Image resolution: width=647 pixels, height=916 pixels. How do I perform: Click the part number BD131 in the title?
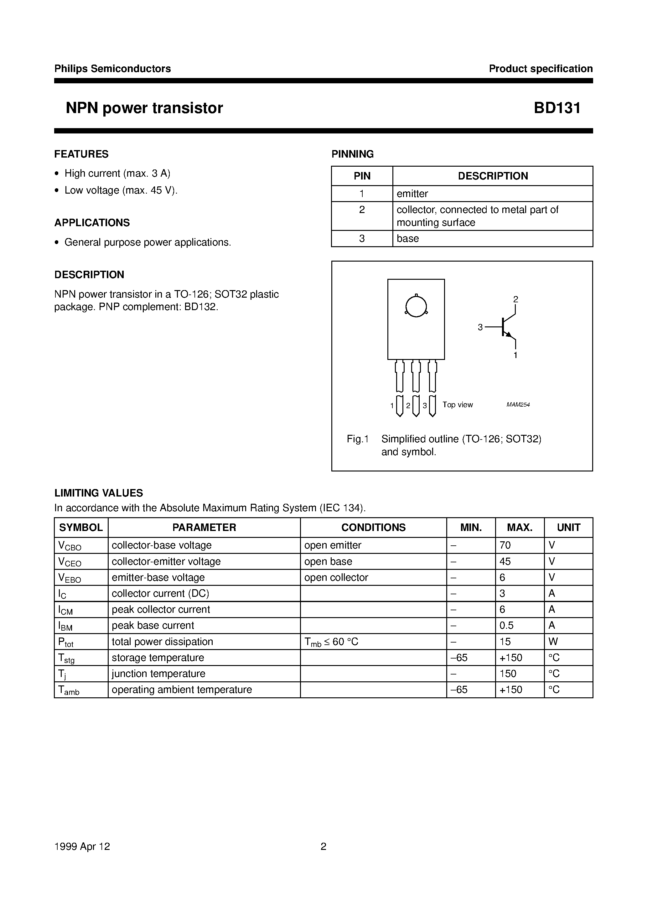pos(557,108)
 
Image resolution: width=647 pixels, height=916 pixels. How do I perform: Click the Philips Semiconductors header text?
pos(112,69)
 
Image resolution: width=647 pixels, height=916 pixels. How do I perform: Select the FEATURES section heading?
pos(81,154)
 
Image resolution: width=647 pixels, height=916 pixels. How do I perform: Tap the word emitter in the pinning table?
pos(412,194)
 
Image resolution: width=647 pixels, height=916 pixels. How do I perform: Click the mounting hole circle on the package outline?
pos(416,306)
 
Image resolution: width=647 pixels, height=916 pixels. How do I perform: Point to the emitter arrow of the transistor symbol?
pos(508,334)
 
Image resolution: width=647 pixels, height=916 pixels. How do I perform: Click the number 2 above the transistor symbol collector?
pos(515,299)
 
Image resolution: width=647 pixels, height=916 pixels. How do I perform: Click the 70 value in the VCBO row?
pos(505,545)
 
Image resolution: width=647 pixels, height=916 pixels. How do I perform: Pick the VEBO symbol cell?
pos(70,578)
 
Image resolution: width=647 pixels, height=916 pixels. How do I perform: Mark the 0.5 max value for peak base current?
pos(507,626)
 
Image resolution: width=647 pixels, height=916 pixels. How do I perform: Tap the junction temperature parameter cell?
pos(158,674)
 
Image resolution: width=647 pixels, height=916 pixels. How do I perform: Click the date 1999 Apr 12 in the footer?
pos(82,846)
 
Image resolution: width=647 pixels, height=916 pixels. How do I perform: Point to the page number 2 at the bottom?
pos(323,846)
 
